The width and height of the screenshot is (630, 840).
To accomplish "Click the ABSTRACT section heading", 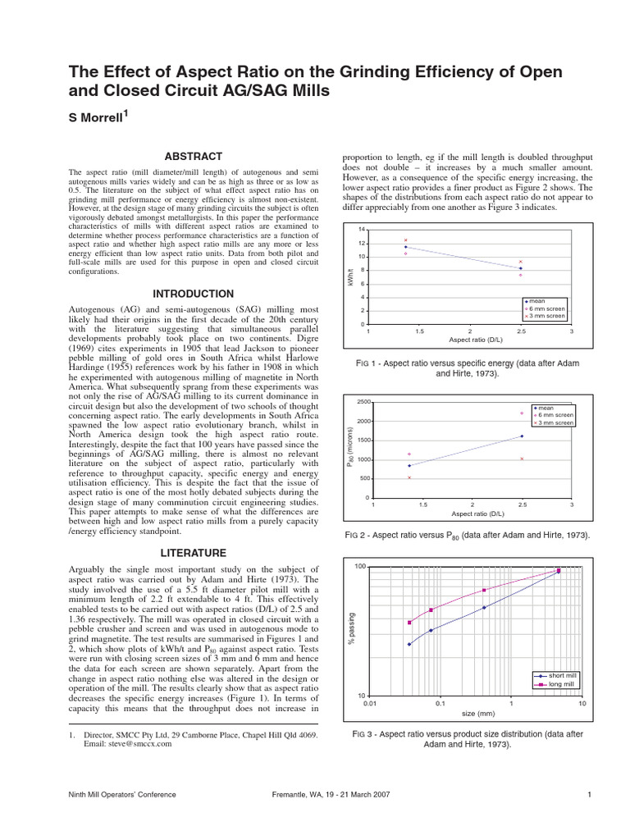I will click(x=194, y=156).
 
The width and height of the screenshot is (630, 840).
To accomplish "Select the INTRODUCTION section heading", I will click(x=194, y=294).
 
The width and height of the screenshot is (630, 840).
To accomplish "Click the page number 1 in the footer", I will click(x=590, y=794).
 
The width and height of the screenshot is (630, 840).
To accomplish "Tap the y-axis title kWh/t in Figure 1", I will click(x=349, y=276).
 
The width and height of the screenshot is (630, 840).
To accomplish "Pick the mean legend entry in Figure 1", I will click(x=538, y=301).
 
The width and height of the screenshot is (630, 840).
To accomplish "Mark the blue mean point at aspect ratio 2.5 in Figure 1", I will click(x=521, y=268).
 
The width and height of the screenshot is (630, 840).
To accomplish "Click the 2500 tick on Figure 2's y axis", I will click(x=361, y=401).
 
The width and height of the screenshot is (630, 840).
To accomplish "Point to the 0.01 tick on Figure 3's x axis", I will click(x=370, y=704).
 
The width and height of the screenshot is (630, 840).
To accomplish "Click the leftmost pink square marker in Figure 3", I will click(x=409, y=623).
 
